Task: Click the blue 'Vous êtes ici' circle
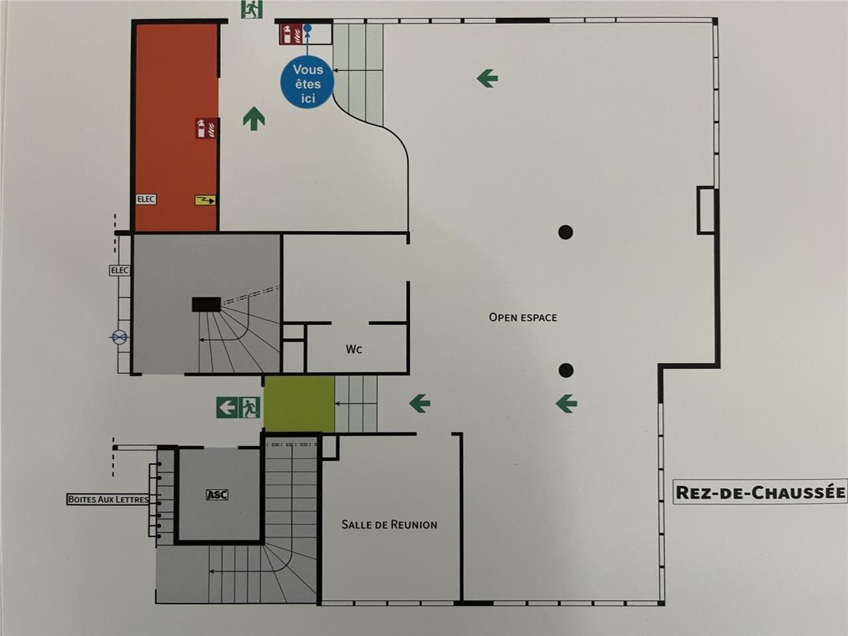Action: click(307, 83)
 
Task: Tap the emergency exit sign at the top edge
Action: click(252, 9)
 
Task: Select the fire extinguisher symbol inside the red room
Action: click(206, 128)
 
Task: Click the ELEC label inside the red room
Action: click(146, 199)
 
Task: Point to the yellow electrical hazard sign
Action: click(205, 200)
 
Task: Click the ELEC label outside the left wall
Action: click(119, 270)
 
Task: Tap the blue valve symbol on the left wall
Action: click(119, 339)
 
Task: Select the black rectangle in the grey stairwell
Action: click(206, 305)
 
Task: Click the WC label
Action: click(354, 349)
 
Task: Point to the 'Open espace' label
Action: click(523, 317)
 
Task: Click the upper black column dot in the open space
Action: click(565, 232)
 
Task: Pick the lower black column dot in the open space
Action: click(565, 370)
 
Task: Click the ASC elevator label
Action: click(217, 494)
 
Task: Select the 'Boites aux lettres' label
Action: click(108, 499)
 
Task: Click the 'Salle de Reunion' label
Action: click(389, 525)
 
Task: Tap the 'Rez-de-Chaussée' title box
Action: click(760, 492)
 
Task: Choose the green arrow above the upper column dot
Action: click(487, 79)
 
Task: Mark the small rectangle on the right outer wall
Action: click(706, 210)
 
